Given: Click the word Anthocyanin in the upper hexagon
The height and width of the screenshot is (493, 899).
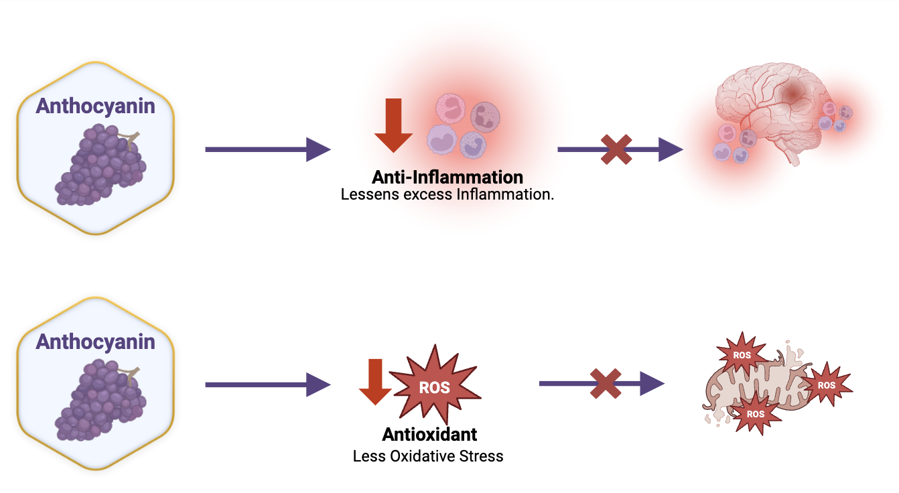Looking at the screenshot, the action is [96, 107].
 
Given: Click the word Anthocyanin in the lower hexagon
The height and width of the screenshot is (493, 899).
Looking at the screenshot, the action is [96, 342].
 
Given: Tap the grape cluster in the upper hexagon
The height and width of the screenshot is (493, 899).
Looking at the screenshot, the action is [100, 165].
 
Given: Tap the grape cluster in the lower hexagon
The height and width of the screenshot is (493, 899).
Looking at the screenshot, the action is [100, 401].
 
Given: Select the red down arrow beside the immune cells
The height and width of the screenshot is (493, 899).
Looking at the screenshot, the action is [393, 125].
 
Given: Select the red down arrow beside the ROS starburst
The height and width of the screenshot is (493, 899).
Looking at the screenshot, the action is [375, 382].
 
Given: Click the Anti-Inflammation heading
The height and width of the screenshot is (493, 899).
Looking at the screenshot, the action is [447, 177].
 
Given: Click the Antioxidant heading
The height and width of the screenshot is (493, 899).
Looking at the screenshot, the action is [429, 434].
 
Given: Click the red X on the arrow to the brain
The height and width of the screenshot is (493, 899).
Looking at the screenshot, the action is [616, 150].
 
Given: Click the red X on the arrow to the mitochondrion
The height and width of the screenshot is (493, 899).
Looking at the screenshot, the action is [606, 384].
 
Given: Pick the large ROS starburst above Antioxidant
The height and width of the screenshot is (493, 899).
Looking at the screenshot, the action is [435, 385].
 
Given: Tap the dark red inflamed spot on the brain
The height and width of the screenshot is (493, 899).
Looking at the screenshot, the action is [792, 94].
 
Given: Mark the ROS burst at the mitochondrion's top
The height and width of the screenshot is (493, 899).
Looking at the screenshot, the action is [742, 354].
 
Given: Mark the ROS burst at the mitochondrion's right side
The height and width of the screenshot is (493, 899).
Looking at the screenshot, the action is [827, 384].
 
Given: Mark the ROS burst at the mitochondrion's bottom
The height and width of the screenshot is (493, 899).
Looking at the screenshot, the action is [756, 413].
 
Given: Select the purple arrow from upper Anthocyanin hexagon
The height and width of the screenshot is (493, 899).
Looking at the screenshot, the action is [268, 150].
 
